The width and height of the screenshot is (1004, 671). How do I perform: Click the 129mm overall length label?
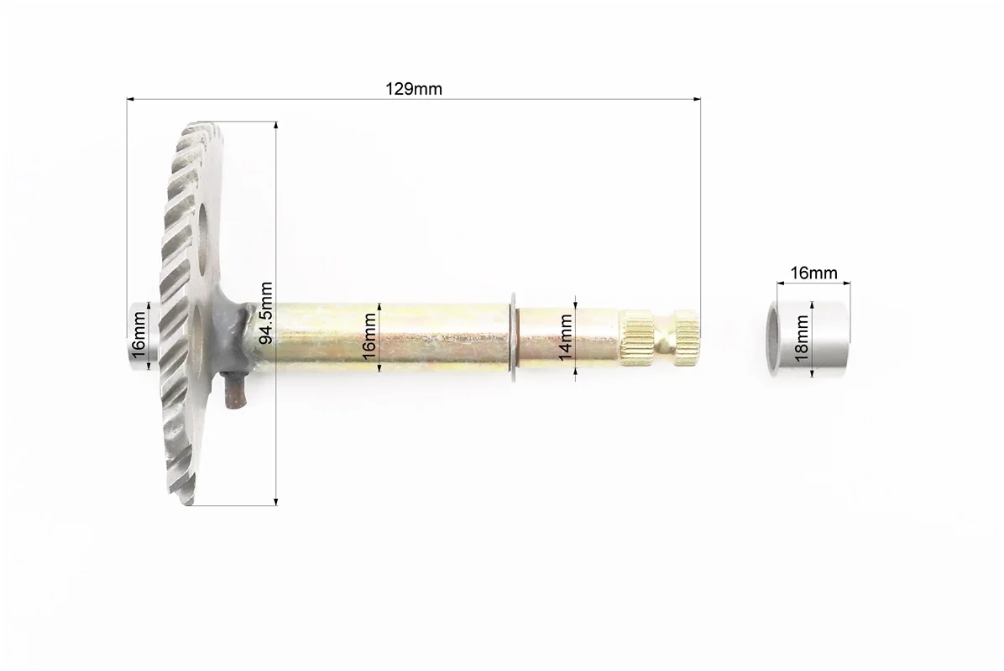coord(414,89)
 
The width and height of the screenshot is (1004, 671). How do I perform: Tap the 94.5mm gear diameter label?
coord(266,313)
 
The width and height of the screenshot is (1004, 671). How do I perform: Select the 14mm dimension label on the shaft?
coord(566,337)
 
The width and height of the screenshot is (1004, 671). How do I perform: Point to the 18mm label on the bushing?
coord(802,339)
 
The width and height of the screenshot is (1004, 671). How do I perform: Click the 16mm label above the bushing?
coord(813,273)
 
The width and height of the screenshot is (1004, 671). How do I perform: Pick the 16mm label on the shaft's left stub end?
coord(139,337)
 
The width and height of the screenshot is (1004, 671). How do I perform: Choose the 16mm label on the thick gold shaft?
coord(369,337)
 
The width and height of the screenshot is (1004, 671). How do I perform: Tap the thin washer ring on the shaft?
coord(514,338)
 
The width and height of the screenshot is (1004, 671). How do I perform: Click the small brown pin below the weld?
coord(234,391)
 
